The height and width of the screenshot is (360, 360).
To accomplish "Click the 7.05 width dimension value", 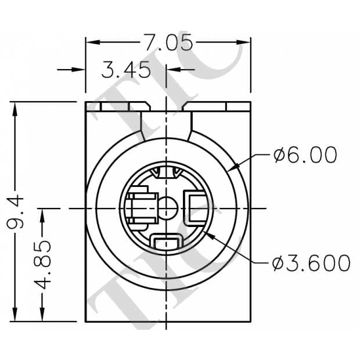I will (x=168, y=42).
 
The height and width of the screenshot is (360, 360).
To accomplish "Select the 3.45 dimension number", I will (x=126, y=70).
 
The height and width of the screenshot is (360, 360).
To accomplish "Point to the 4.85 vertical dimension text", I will (x=43, y=265).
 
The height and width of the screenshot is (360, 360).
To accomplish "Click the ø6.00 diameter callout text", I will (x=305, y=156).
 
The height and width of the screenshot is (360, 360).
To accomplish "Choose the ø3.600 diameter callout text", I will (x=311, y=263).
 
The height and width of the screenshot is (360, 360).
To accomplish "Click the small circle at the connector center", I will (x=168, y=207).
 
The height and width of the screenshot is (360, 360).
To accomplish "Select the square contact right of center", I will (x=195, y=207).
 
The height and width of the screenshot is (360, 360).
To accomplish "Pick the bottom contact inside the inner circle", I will (x=167, y=240).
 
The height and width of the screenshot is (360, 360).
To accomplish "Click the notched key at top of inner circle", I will (x=167, y=173).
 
